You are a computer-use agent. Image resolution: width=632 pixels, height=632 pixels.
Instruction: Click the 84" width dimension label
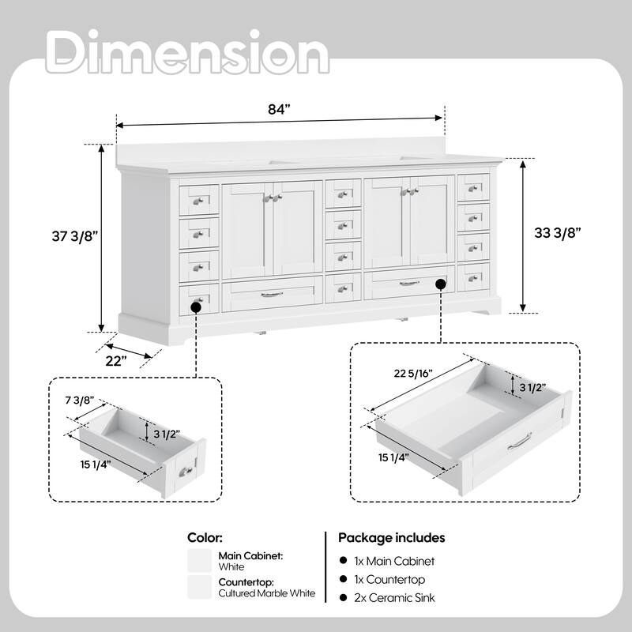point(279,109)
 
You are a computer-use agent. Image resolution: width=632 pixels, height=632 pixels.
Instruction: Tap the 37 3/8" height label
point(75,235)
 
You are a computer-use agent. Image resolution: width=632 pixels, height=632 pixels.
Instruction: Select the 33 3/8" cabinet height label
point(558,232)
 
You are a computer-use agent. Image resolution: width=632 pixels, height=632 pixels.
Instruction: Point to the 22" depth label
point(116,361)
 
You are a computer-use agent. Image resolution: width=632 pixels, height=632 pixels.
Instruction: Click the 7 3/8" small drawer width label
point(80,401)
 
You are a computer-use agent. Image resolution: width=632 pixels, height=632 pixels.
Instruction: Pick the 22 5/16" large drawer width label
point(413,374)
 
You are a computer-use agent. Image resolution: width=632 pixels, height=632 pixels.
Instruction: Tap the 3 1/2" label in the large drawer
point(532,388)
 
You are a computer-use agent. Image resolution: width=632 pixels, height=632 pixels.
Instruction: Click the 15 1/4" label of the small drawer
point(96,465)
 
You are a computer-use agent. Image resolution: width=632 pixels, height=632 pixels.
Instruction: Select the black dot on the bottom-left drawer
point(196,307)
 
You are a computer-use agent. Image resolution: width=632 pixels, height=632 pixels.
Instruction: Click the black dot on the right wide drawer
point(441,284)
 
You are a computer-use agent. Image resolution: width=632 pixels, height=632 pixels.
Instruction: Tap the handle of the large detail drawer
point(520,442)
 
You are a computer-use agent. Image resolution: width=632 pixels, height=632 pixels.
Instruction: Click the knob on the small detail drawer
point(186,471)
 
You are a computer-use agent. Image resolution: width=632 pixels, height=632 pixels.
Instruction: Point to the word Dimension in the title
point(187,51)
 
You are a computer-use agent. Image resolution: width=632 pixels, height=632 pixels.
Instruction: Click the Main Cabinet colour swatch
point(200,561)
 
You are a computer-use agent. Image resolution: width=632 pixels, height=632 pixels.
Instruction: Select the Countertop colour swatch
point(200,587)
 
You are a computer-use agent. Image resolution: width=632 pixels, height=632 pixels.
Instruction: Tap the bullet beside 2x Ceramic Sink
point(344,597)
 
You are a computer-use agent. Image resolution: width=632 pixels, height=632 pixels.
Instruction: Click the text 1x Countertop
point(389,580)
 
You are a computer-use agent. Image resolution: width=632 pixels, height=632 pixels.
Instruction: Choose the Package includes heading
point(391,538)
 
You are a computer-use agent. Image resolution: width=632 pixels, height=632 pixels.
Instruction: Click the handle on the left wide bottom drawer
point(271,295)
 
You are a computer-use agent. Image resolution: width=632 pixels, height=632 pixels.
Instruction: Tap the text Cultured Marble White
point(267,593)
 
